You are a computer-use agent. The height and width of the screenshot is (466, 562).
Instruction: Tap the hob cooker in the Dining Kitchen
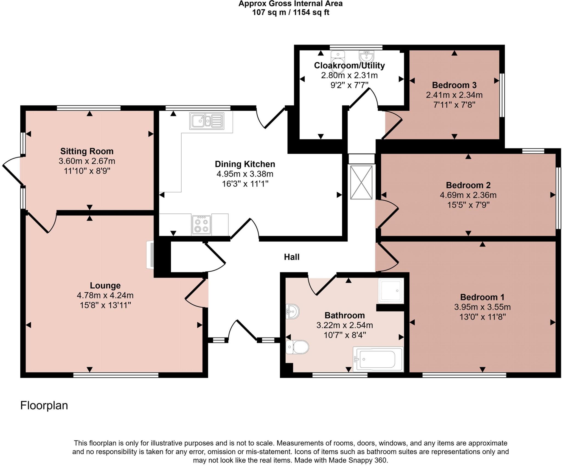201,225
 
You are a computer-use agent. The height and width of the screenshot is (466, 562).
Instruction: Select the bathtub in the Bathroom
378,359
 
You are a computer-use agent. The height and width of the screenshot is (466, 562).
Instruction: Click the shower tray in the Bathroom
391,291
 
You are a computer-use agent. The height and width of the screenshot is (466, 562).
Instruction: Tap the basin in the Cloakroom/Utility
366,57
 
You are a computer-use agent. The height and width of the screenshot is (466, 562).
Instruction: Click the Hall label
291,257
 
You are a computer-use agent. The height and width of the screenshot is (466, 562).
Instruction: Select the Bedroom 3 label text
454,85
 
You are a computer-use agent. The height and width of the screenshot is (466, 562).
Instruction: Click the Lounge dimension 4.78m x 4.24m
105,295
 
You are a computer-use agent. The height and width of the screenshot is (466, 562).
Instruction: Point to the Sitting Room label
87,151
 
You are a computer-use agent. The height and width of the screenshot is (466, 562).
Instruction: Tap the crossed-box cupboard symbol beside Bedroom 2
361,182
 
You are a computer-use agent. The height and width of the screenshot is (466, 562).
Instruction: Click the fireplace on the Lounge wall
150,255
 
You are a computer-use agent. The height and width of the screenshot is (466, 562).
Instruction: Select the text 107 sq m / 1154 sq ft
290,12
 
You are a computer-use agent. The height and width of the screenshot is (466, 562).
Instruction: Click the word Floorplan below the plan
44,405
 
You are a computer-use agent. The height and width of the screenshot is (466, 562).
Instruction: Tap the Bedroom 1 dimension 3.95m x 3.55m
482,307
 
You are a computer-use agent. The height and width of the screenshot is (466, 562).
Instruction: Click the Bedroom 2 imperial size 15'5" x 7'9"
468,205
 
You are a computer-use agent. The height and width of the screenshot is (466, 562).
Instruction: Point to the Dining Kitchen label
245,164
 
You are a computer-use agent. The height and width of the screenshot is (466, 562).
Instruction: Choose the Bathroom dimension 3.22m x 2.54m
344,325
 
